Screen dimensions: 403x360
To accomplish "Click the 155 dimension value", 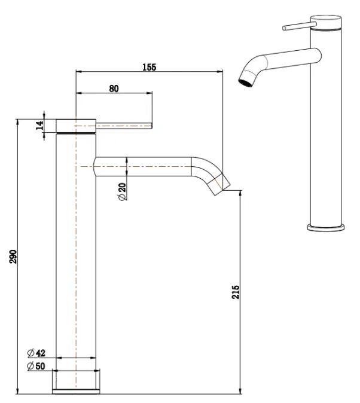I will click(x=148, y=67).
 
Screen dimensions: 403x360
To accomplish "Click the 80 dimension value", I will click(x=114, y=88).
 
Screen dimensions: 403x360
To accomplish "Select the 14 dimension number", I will click(x=40, y=125).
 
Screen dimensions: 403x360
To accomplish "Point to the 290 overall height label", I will click(x=14, y=256).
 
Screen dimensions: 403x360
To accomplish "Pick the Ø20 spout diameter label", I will click(x=122, y=192).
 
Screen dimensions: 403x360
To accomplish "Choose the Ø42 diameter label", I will click(x=37, y=353).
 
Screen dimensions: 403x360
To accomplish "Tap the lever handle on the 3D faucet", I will click(x=296, y=26).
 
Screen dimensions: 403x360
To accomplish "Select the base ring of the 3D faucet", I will click(x=326, y=227).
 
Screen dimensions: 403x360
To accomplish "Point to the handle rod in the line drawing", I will click(x=124, y=125).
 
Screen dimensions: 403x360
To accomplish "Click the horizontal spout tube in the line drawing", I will click(x=144, y=166).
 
